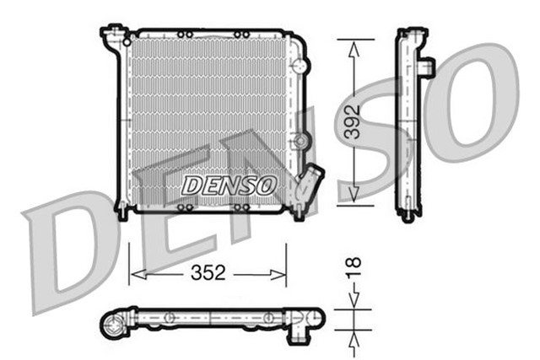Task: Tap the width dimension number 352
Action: click(x=208, y=272)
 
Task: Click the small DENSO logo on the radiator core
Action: click(x=229, y=184)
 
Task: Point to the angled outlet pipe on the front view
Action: click(x=310, y=180)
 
